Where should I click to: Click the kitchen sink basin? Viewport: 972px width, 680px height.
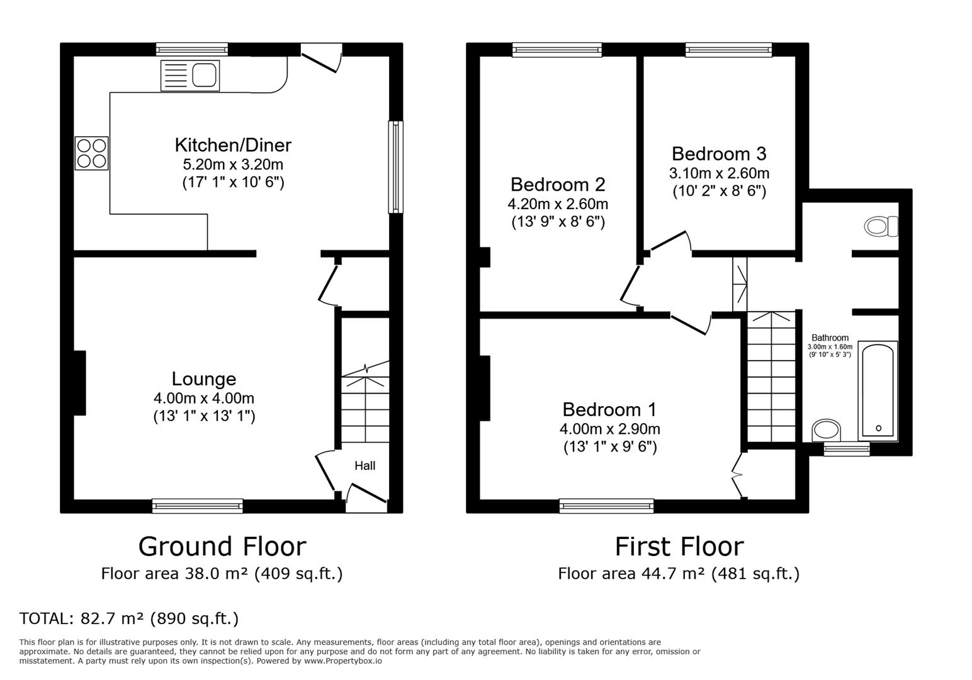[204, 76]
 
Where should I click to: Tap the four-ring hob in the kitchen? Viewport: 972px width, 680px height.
[91, 153]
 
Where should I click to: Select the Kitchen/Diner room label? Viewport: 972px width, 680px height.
[233, 145]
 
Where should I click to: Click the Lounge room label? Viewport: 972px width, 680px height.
[204, 379]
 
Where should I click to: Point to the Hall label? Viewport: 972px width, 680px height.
[365, 466]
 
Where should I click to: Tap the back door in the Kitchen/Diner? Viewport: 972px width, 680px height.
[321, 59]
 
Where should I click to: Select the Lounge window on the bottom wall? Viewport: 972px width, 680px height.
[198, 506]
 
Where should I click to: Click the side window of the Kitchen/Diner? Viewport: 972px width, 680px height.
[395, 167]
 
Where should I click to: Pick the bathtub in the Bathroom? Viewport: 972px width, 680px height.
[878, 391]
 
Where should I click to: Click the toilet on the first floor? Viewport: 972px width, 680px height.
[881, 226]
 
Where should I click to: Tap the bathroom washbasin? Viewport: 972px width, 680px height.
[827, 430]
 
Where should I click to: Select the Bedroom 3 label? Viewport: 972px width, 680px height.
[719, 154]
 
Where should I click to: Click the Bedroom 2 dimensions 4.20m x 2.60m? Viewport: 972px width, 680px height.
[558, 204]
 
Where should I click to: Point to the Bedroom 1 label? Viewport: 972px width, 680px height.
[609, 410]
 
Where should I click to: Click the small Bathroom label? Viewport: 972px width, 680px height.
[830, 337]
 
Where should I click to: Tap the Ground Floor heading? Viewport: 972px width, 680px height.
[222, 547]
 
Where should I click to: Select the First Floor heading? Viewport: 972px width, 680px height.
[679, 547]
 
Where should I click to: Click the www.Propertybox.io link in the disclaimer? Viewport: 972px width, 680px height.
[343, 661]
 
